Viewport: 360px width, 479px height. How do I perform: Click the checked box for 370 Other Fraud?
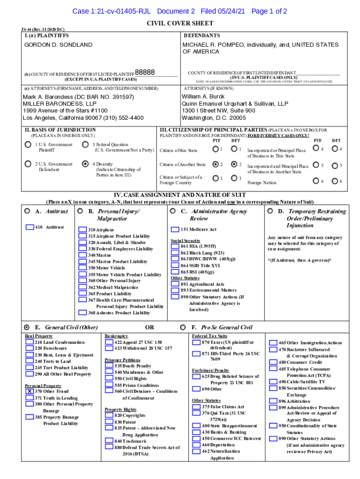pos(29,391)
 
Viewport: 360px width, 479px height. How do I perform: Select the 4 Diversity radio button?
pos(85,164)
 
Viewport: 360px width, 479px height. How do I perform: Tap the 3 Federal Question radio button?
pos(85,145)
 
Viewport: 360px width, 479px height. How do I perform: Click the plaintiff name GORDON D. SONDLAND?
pos(58,45)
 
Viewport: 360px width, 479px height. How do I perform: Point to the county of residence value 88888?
pos(145,73)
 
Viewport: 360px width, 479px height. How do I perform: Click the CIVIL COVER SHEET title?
pos(180,23)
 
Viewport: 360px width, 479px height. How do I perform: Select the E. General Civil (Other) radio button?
pos(27,327)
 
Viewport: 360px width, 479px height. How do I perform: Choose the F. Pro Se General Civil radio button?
pos(182,327)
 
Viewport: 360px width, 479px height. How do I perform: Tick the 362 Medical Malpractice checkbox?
pos(82,287)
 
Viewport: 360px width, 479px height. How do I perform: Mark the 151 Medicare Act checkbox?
pos(175,230)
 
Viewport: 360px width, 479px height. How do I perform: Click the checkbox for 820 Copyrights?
pos(109,415)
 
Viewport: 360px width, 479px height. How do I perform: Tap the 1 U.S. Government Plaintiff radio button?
pos(28,145)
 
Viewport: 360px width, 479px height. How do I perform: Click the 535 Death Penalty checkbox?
pos(109,366)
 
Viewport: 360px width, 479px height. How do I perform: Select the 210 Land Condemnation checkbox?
pos(29,342)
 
